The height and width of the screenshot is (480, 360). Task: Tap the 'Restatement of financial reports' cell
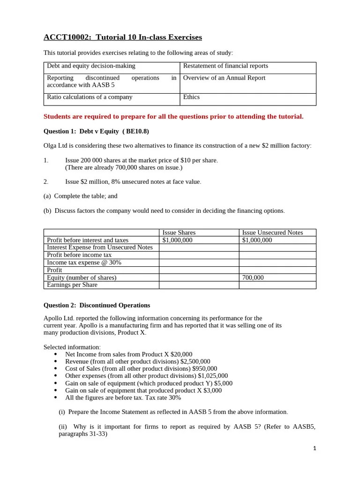click(225, 66)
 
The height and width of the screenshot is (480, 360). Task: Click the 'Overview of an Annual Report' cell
click(224, 78)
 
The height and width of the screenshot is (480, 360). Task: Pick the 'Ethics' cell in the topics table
click(191, 97)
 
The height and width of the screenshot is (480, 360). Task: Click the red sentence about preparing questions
click(173, 116)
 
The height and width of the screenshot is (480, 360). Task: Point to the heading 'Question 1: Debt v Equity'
click(96, 131)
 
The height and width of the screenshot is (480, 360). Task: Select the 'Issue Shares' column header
click(179, 232)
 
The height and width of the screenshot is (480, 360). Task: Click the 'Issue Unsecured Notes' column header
click(272, 232)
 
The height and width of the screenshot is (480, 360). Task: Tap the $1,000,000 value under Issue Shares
click(177, 240)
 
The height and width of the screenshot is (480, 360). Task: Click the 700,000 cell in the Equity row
click(253, 277)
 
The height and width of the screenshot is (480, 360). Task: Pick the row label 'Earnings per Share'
click(72, 285)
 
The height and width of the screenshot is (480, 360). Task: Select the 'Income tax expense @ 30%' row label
click(84, 262)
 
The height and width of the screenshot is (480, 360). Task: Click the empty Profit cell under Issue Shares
click(199, 270)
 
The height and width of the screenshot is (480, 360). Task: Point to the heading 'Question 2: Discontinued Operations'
click(97, 305)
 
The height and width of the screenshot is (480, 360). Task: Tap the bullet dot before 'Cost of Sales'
click(56, 368)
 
